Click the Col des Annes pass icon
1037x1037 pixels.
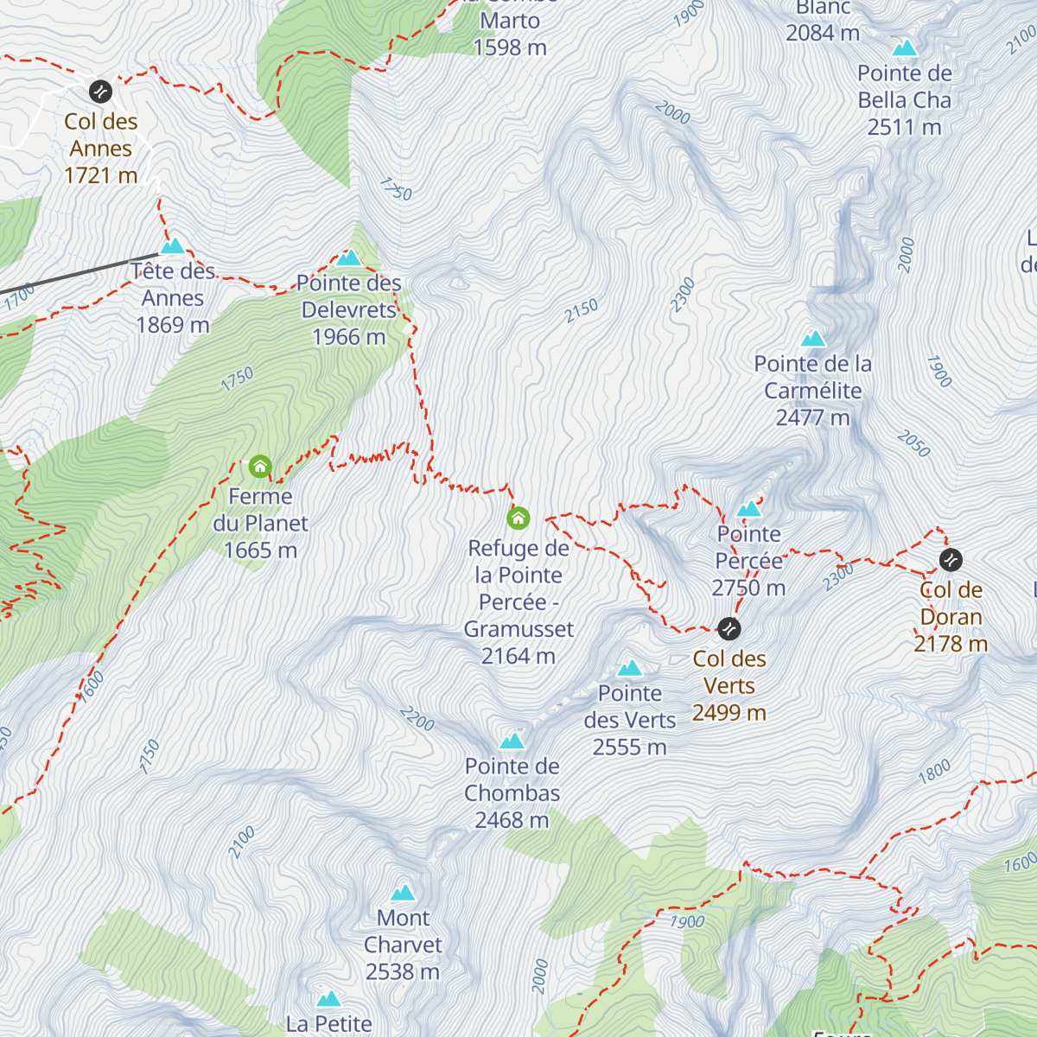101,91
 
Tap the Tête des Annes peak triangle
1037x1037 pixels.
173,246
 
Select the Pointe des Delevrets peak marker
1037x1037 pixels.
348,258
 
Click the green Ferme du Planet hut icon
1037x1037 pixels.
260,468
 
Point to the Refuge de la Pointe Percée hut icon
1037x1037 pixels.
518,518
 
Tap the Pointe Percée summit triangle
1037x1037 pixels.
748,509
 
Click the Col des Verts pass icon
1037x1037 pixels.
729,628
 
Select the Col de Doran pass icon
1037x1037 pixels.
951,560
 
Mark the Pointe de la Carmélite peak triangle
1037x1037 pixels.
813,339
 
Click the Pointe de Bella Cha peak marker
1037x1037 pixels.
905,48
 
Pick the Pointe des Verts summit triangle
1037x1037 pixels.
630,668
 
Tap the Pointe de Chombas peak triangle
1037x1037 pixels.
512,741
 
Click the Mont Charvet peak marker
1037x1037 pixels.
403,893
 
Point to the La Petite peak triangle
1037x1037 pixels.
328,1000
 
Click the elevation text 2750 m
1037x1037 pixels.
748,588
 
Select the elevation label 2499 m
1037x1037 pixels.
729,712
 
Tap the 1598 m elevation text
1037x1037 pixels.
510,48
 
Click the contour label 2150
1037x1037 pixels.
582,311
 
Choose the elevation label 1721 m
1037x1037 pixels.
101,175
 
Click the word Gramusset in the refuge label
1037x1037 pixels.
518,629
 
